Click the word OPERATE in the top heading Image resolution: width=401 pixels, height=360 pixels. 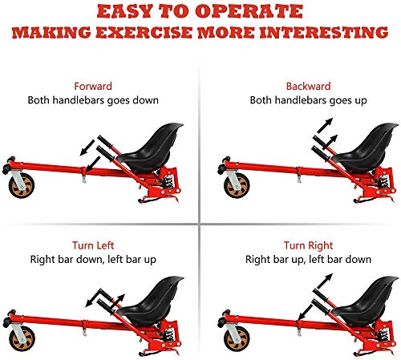pyautogui.click(x=249, y=12)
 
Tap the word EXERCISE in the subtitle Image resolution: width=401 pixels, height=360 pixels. pyautogui.click(x=144, y=32)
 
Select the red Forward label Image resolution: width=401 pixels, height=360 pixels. pyautogui.click(x=93, y=87)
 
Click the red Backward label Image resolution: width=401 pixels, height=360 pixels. pyautogui.click(x=308, y=87)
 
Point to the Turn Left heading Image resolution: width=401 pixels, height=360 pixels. pyautogui.click(x=93, y=245)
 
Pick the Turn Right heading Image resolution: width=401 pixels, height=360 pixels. pyautogui.click(x=308, y=245)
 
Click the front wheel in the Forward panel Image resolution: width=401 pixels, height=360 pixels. pyautogui.click(x=22, y=185)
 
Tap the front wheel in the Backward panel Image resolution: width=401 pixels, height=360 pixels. pyautogui.click(x=237, y=185)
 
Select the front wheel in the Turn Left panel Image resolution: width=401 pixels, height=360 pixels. pyautogui.click(x=22, y=338)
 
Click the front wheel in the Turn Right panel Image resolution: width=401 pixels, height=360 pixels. pyautogui.click(x=237, y=338)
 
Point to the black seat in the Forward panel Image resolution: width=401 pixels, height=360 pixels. pyautogui.click(x=151, y=148)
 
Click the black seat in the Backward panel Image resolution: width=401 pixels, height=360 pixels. pyautogui.click(x=367, y=148)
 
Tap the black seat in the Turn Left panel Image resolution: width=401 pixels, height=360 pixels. pyautogui.click(x=152, y=301)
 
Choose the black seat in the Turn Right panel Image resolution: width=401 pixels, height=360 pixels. pyautogui.click(x=367, y=301)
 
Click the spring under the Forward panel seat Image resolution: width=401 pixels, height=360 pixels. pyautogui.click(x=168, y=181)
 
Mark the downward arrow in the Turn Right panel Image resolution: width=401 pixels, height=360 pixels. pyautogui.click(x=305, y=312)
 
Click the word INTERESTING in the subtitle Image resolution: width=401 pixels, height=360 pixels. pyautogui.click(x=323, y=32)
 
